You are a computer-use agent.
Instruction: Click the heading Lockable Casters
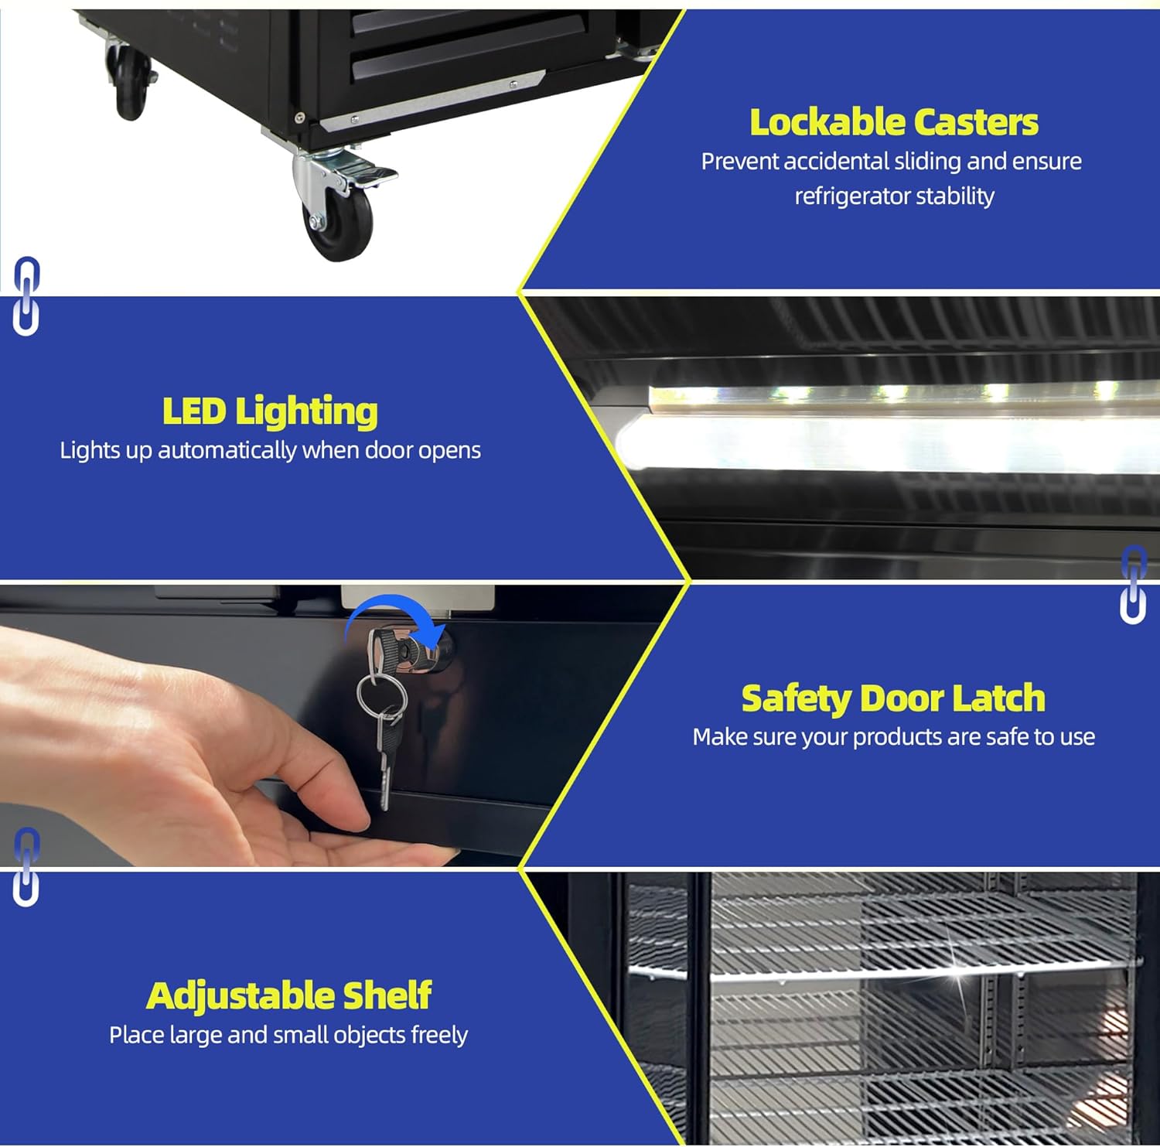coord(894,122)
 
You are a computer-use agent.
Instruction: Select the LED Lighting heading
coord(270,411)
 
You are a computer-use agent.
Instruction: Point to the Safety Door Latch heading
coord(893,698)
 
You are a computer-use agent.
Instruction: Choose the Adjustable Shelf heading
coord(288,995)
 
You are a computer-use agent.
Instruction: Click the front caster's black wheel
coord(339,224)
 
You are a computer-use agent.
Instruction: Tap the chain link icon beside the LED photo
coord(1133,584)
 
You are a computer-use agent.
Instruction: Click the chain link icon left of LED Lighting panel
coord(26,296)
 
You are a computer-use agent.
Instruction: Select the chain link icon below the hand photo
coord(26,867)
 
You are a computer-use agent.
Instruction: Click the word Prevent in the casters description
coord(739,161)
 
